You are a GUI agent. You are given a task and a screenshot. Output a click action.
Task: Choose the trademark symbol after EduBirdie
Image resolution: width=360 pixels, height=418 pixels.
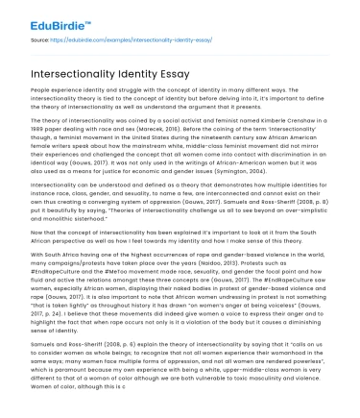coord(89,13)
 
